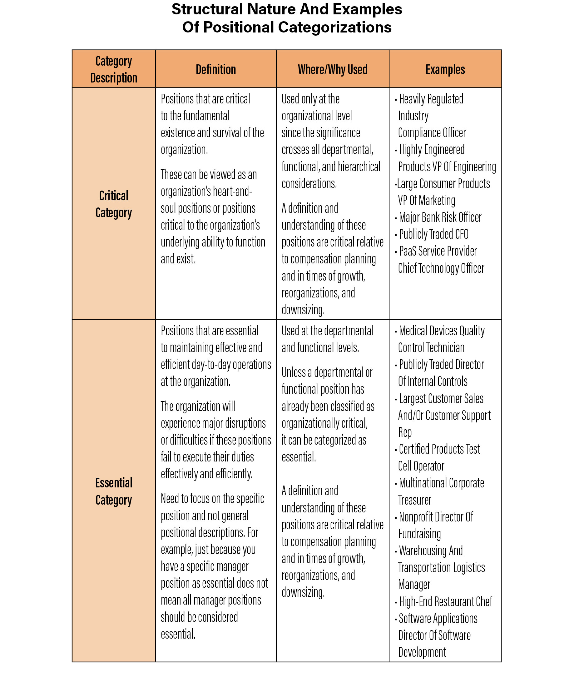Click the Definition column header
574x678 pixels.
pos(216,69)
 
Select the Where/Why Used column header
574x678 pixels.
pos(333,69)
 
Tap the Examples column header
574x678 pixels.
pos(445,69)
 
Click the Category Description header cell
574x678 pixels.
pos(114,69)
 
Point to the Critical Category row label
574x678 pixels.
pos(114,204)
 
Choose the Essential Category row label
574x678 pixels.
pos(114,491)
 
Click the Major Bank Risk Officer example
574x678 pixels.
pos(440,217)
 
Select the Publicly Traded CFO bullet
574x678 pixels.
pos(433,234)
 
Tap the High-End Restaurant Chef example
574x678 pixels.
pos(445,601)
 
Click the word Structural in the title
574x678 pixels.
pos(207,9)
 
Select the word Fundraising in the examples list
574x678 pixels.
pos(419,534)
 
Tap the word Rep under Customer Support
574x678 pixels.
pos(405,432)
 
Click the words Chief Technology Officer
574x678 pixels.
pos(441,268)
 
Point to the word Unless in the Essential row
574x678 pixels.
pos(294,372)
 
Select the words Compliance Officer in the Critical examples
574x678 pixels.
pos(432,132)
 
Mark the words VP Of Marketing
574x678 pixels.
pos(426,200)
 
